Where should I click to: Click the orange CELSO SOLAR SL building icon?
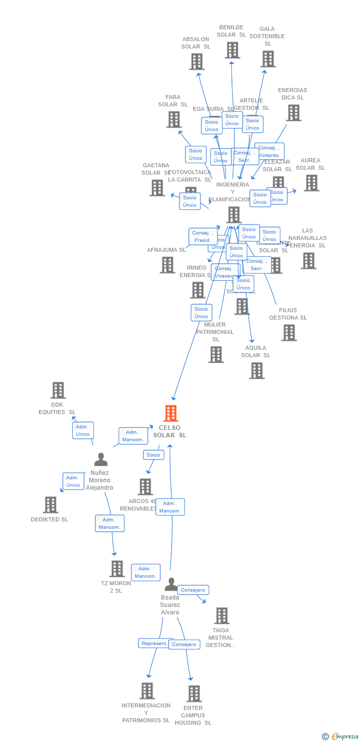point(171,413)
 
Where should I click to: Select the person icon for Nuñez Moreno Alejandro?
point(101,460)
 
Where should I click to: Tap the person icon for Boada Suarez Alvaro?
point(171,584)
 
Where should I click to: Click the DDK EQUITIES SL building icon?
point(58,390)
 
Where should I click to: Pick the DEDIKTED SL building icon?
point(50,505)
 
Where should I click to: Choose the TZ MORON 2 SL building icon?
point(117,569)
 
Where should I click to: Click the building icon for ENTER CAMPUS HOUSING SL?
point(194,694)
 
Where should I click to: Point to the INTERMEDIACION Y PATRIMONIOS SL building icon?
point(147,691)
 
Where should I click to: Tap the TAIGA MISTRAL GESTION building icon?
point(221,615)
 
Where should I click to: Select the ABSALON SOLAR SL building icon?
point(196,61)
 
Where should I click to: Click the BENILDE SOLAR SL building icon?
point(232,50)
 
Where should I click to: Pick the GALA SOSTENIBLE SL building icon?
point(268,59)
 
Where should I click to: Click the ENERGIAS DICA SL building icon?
point(293,113)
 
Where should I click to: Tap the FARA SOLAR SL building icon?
point(174,119)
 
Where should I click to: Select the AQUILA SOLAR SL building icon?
point(256,370)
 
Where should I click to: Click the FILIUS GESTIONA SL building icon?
point(289,332)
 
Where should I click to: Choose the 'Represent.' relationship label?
point(155,643)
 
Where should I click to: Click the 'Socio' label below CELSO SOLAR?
point(153,455)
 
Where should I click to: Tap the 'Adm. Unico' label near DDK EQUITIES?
point(83,430)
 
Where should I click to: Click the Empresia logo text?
point(345,736)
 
